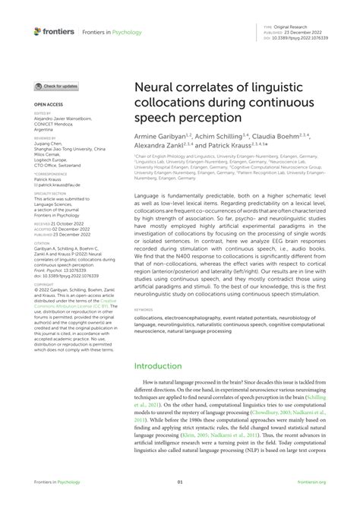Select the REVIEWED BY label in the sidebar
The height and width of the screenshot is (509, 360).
click(x=46, y=137)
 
